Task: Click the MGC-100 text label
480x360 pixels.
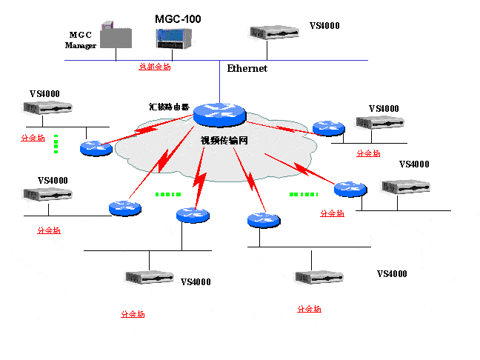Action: (x=177, y=18)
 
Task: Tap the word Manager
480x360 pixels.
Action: (x=81, y=45)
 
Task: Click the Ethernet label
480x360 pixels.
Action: (x=247, y=68)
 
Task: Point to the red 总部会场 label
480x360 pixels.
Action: (x=155, y=67)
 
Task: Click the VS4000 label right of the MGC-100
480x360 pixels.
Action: (x=324, y=26)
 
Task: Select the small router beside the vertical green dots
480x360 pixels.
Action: (x=95, y=147)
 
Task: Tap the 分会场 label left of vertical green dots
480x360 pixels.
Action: (x=33, y=138)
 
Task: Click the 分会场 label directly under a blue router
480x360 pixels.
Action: (x=332, y=213)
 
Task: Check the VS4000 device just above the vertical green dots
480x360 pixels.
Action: (x=47, y=108)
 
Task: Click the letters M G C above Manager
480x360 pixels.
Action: (x=80, y=35)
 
